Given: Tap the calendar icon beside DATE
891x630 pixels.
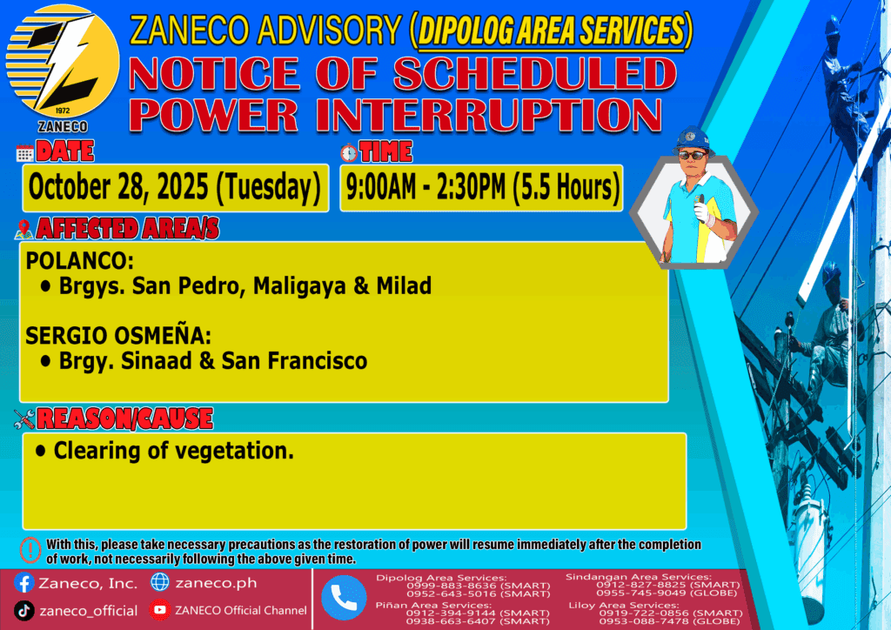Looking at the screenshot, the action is (25, 153).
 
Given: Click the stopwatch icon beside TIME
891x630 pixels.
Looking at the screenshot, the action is (349, 152).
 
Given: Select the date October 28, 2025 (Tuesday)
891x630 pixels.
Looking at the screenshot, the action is (174, 187).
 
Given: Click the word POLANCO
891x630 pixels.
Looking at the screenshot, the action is (79, 261).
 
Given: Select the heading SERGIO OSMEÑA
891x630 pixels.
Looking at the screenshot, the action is (118, 335).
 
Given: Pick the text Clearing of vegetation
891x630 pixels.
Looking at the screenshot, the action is (174, 451).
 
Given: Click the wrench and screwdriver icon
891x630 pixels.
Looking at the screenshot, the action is (24, 419).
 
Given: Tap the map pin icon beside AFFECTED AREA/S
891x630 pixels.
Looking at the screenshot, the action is (23, 229).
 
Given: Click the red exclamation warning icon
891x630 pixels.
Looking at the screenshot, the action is (30, 549).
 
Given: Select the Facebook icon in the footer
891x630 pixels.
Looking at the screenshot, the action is (23, 583).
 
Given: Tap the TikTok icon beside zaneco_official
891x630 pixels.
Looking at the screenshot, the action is (23, 611).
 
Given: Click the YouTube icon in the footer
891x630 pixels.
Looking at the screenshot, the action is (160, 610).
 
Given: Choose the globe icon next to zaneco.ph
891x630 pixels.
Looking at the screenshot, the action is (160, 582).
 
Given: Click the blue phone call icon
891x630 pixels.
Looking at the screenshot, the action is (344, 598).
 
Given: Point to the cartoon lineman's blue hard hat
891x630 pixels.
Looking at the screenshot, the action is (692, 139).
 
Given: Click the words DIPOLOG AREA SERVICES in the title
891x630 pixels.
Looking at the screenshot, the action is (552, 31).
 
